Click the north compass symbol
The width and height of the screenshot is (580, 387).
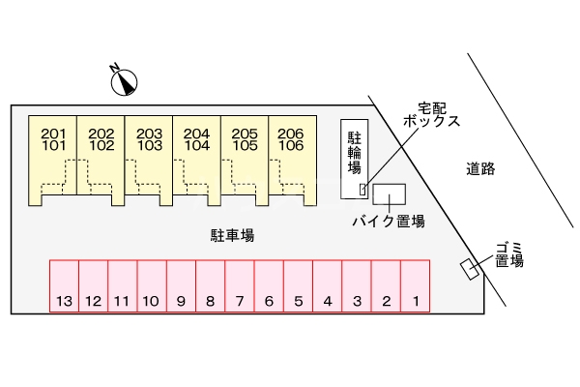coord(123,82)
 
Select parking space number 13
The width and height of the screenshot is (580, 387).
coord(64,286)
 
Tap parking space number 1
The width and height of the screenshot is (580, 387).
coord(415,286)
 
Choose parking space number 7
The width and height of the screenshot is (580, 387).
coord(240,286)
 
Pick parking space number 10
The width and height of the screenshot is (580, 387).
coord(151,286)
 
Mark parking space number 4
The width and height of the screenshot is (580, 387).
coord(328,286)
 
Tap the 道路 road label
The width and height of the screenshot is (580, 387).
coord(479,168)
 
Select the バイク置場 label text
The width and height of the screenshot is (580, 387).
coord(389,222)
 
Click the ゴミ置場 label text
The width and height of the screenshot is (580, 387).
coord(509,253)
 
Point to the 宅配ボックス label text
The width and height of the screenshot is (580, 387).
coord(425,115)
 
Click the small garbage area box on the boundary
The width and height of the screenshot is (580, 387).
coord(472,269)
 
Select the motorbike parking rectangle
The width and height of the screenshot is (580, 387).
coord(391,193)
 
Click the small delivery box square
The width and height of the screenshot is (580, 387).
coord(362,188)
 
